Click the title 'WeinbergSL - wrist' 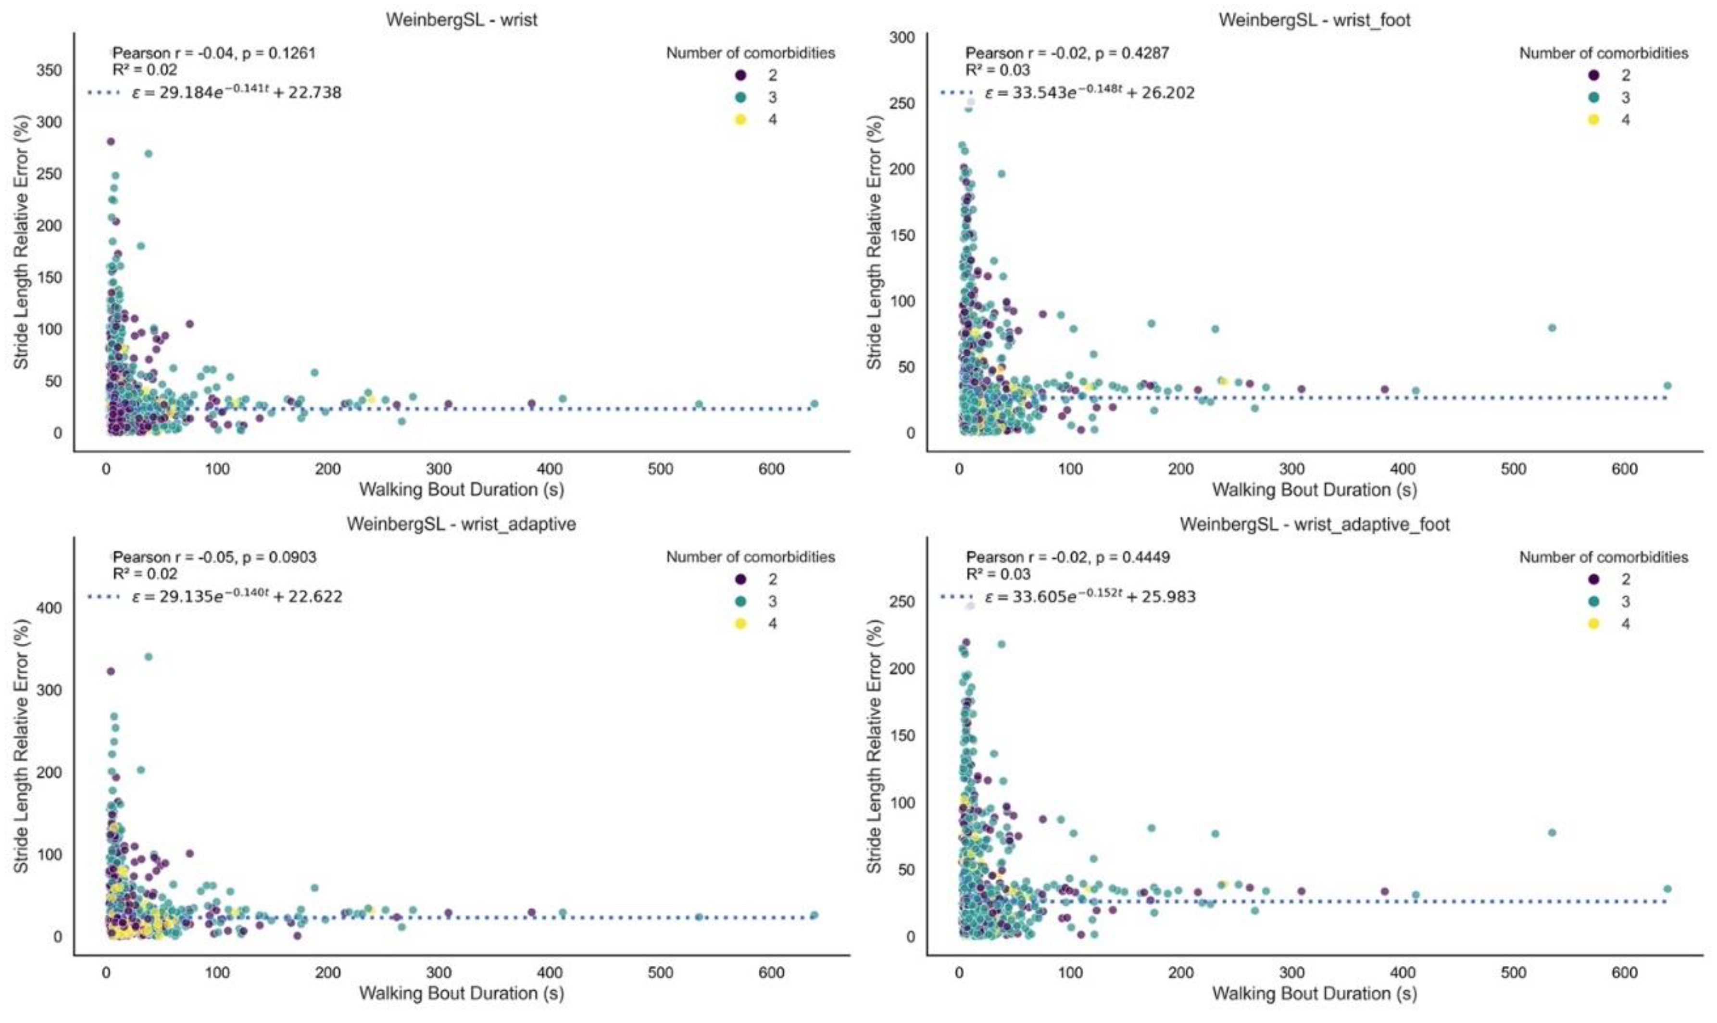[x=461, y=19]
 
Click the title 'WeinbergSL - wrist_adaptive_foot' [x=1315, y=524]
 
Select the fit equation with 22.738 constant [x=236, y=92]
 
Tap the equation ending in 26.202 [x=1089, y=92]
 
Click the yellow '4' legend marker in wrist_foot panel [x=1593, y=119]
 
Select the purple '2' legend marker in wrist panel [x=740, y=75]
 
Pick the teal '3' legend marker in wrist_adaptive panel [x=740, y=601]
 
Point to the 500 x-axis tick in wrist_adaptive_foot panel [x=1513, y=973]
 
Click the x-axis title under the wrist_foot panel [x=1315, y=490]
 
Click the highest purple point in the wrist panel [x=110, y=141]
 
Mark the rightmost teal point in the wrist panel [x=814, y=404]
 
